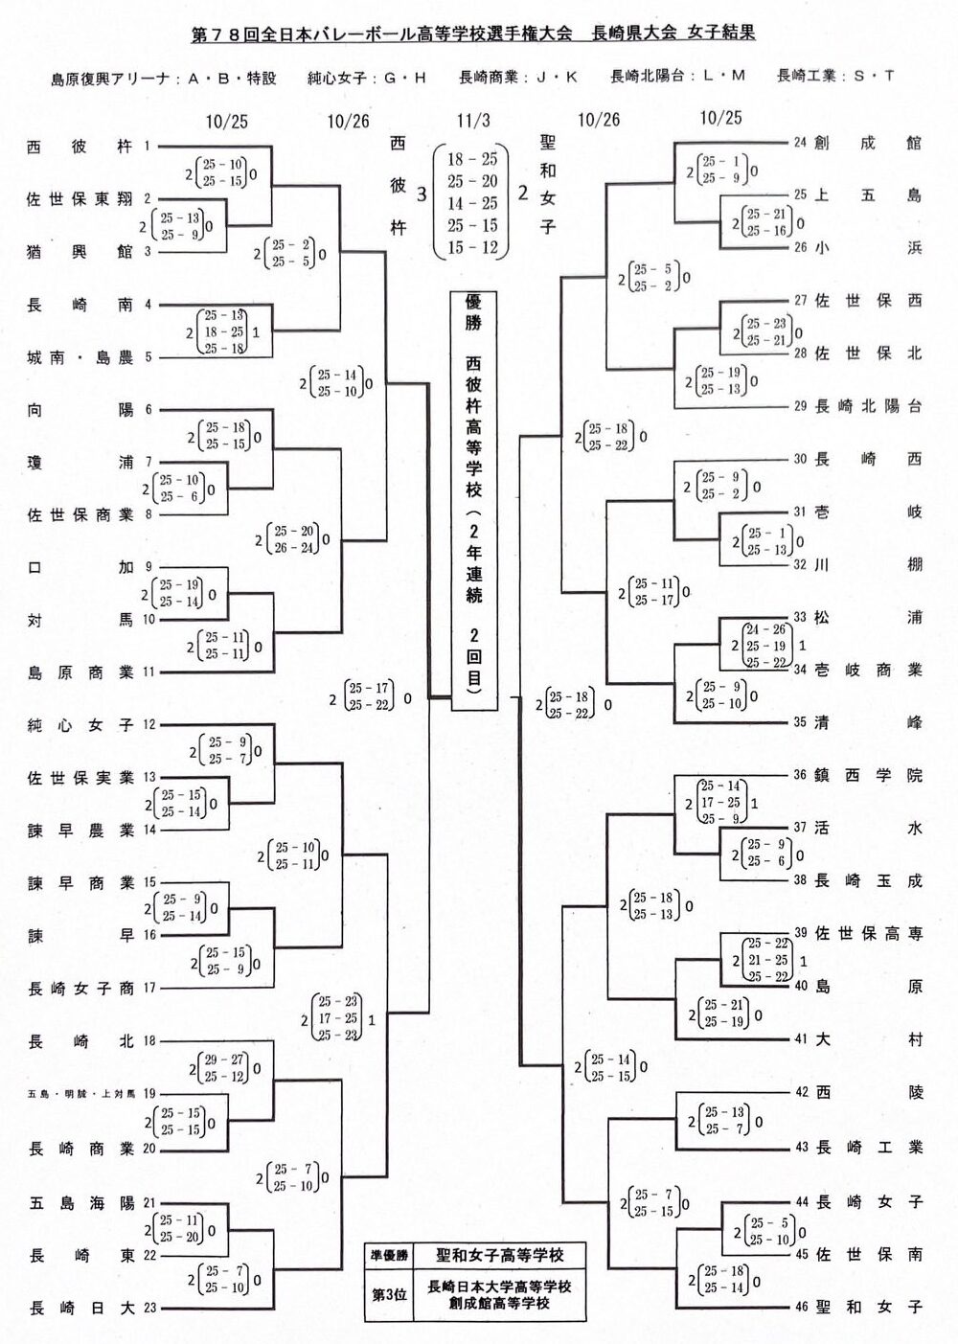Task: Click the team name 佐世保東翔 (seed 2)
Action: pos(80,199)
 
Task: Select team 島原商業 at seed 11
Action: pos(80,672)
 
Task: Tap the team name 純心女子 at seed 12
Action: pos(80,725)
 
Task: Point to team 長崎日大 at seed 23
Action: pos(80,1308)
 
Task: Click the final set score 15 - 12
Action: pos(472,247)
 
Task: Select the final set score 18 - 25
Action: pos(472,159)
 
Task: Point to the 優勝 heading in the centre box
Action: pos(473,312)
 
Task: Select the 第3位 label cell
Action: pos(390,1294)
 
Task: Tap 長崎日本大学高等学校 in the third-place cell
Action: pos(498,1286)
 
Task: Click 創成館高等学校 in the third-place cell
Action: pos(498,1303)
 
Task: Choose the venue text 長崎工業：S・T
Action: pos(835,76)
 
